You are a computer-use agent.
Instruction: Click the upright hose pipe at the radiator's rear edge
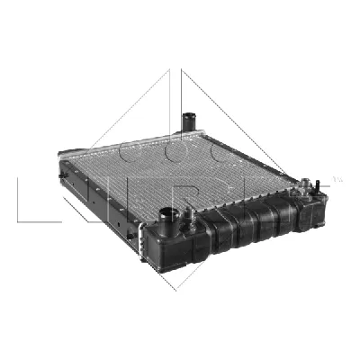(189, 121)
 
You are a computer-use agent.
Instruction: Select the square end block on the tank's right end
(310, 212)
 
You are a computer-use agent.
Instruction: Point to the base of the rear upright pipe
(190, 130)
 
